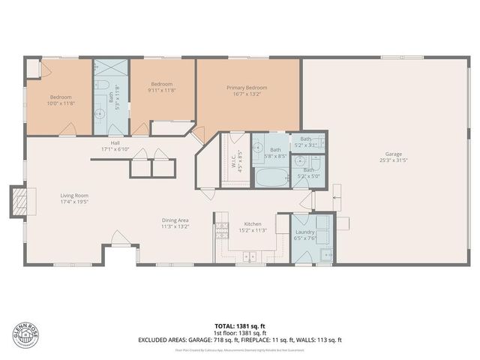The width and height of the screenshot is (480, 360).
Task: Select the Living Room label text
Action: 74,199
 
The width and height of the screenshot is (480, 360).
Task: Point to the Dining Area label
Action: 174,223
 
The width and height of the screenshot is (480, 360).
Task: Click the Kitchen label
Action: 251,227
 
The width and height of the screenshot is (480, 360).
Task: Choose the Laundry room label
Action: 305,235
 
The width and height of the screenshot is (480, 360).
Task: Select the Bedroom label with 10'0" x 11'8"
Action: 61,100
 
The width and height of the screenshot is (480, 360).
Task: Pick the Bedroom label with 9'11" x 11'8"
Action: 162,87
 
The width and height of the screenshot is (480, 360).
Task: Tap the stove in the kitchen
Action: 221,229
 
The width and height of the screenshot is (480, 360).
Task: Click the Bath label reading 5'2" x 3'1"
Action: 305,141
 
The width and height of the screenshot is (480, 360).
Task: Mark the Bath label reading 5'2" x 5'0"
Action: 307,173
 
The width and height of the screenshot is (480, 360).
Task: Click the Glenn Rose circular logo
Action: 25,332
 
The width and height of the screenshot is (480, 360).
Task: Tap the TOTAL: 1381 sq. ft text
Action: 240,326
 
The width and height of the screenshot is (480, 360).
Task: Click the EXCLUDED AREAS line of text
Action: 240,339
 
